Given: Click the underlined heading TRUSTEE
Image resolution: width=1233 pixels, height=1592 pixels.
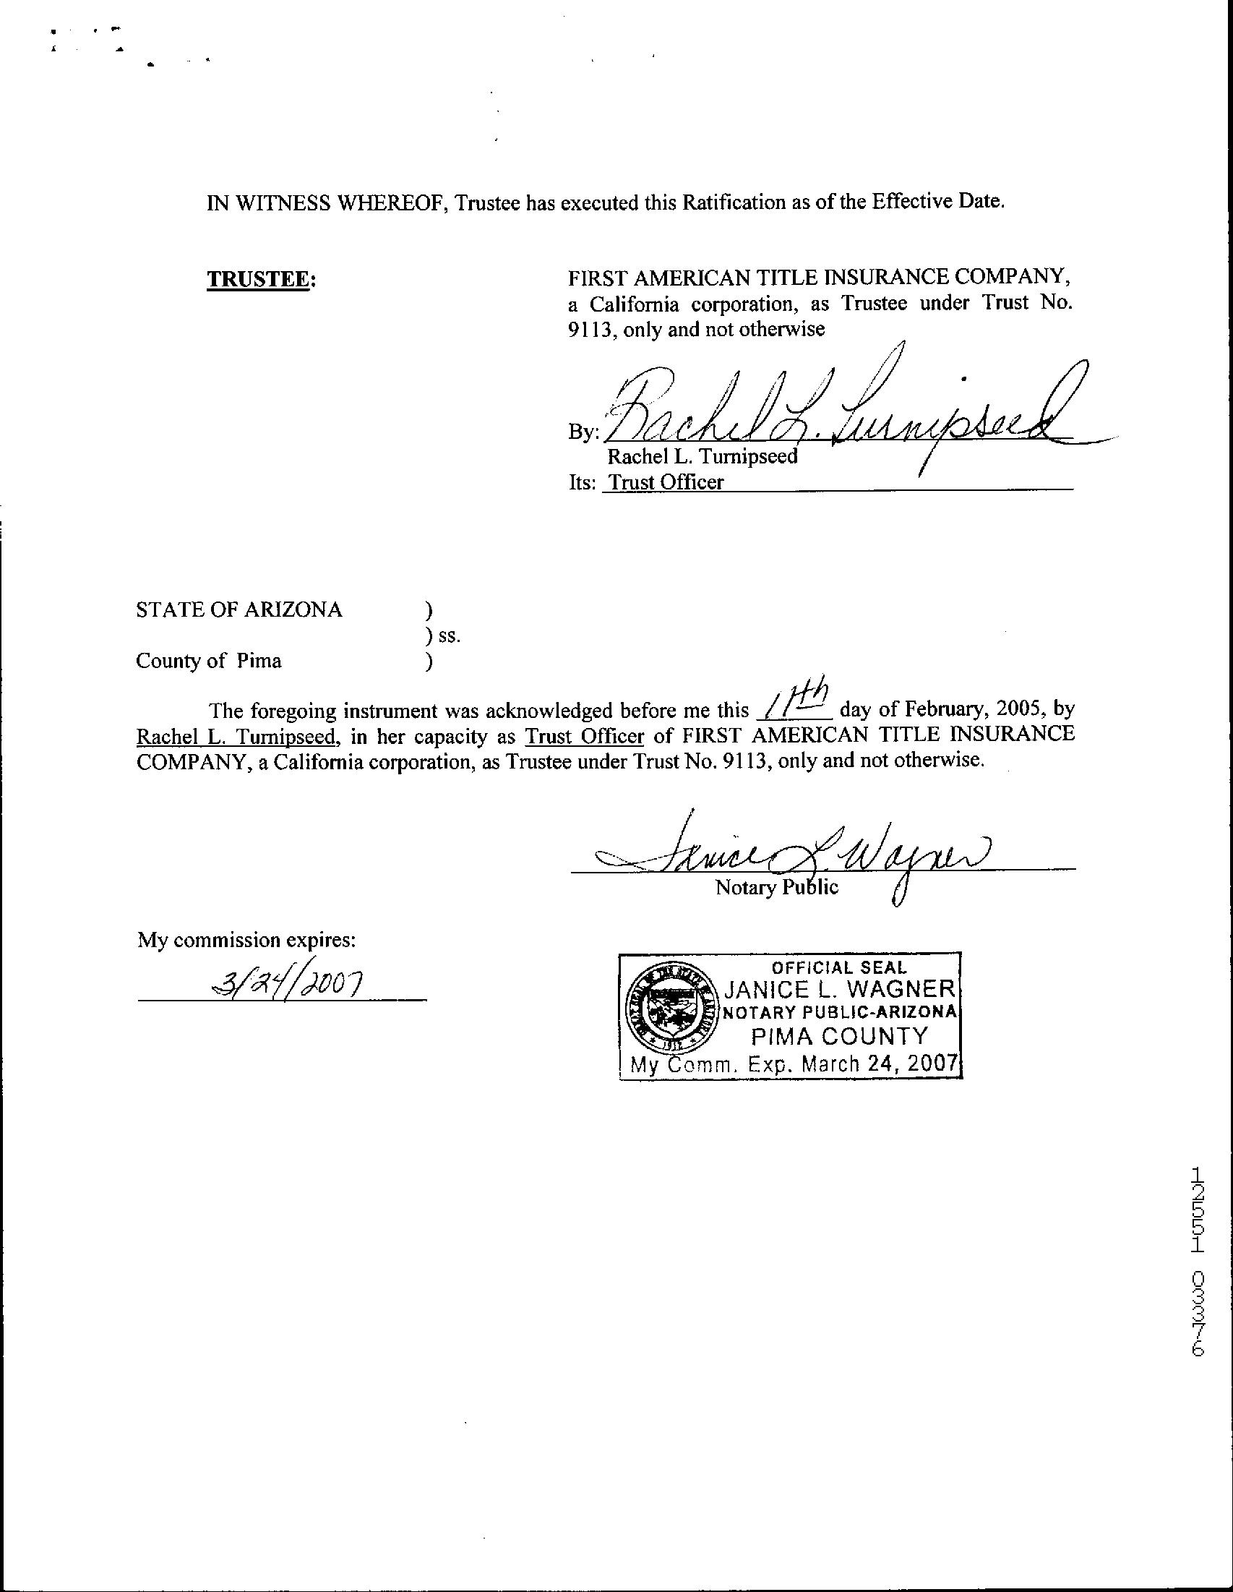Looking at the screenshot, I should [260, 279].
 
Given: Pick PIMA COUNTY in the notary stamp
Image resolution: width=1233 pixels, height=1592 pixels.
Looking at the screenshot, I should [840, 1036].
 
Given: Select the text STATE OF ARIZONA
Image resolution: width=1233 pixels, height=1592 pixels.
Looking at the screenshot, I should [239, 609].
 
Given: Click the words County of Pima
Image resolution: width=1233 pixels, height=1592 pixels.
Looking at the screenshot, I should [208, 661].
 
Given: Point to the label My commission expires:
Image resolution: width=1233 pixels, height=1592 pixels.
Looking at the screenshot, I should [247, 941].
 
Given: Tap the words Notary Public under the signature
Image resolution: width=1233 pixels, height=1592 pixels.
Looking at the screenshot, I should [777, 887].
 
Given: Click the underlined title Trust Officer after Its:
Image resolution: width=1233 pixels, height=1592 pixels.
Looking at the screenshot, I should [666, 482].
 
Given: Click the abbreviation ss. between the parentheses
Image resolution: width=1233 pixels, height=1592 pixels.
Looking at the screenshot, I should [449, 635].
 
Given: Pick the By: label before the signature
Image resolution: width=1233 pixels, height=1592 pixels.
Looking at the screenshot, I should [583, 432].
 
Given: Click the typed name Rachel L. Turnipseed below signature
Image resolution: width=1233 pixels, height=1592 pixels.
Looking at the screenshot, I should [703, 457].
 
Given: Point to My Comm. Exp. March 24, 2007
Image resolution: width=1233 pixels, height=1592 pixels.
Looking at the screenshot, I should [793, 1064].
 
